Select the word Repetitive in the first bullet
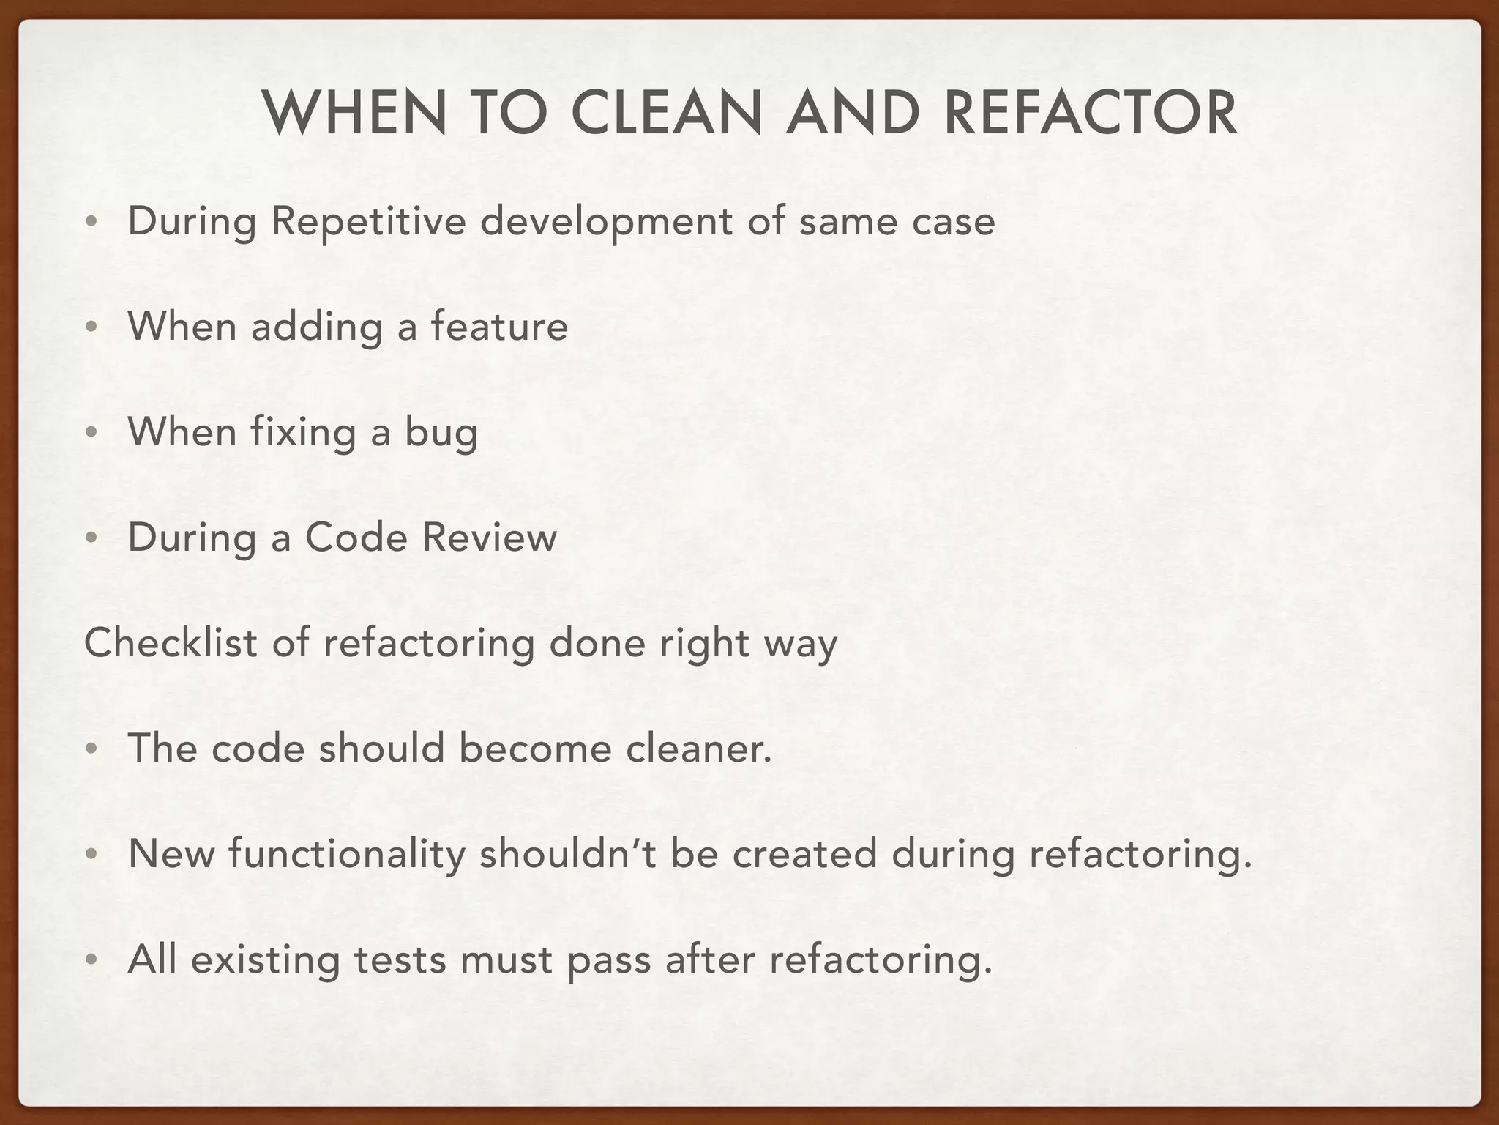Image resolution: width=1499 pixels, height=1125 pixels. coord(368,222)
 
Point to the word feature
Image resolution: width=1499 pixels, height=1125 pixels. coord(499,327)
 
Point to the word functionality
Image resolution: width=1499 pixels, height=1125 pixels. coord(347,855)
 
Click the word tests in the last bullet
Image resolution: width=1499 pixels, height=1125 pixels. coord(400,960)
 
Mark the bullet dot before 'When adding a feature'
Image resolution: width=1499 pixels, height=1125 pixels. coord(90,328)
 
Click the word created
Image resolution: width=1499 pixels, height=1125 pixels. coord(804,855)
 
